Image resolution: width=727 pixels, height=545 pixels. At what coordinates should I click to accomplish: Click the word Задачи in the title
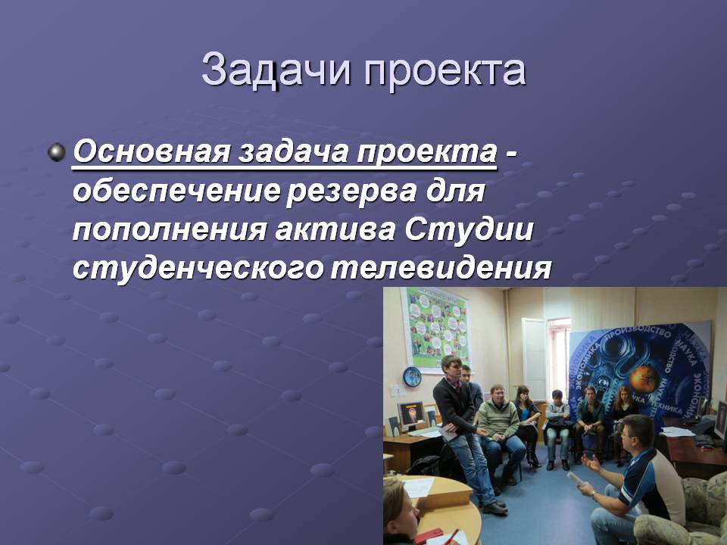[x=276, y=70]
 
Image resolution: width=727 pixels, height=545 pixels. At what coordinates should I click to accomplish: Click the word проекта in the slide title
[x=445, y=72]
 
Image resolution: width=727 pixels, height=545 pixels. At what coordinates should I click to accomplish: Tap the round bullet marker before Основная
[x=57, y=152]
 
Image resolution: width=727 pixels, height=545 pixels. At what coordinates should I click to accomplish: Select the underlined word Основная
[x=151, y=151]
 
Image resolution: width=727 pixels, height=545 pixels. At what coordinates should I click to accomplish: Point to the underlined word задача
[x=294, y=151]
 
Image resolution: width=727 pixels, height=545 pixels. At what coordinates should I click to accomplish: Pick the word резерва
[x=351, y=192]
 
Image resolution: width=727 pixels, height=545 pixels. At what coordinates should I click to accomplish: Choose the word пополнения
[x=170, y=230]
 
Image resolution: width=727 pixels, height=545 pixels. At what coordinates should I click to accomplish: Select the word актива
[x=335, y=230]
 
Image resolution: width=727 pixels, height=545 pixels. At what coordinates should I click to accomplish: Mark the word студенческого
[x=198, y=268]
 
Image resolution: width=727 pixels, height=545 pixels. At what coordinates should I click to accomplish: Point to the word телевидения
[x=441, y=267]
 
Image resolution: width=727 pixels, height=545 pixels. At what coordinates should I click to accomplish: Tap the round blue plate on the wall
[x=412, y=376]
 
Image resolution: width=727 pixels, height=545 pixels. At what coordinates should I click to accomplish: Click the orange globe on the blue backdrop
[x=644, y=377]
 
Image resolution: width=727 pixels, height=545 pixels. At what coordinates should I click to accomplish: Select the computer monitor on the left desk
[x=411, y=415]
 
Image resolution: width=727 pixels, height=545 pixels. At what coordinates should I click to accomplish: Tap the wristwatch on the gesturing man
[x=595, y=495]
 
